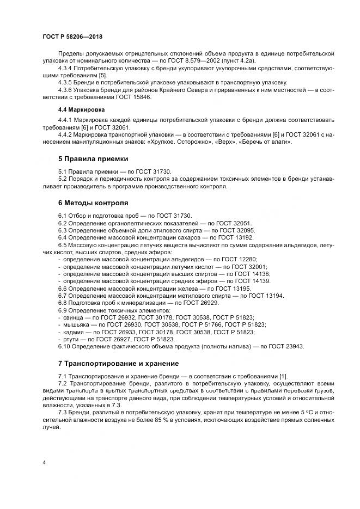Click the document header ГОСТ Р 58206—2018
point(72,36)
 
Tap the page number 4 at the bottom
point(44,462)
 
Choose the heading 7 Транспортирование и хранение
point(119,362)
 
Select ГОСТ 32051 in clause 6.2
point(205,223)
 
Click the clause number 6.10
point(65,346)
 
